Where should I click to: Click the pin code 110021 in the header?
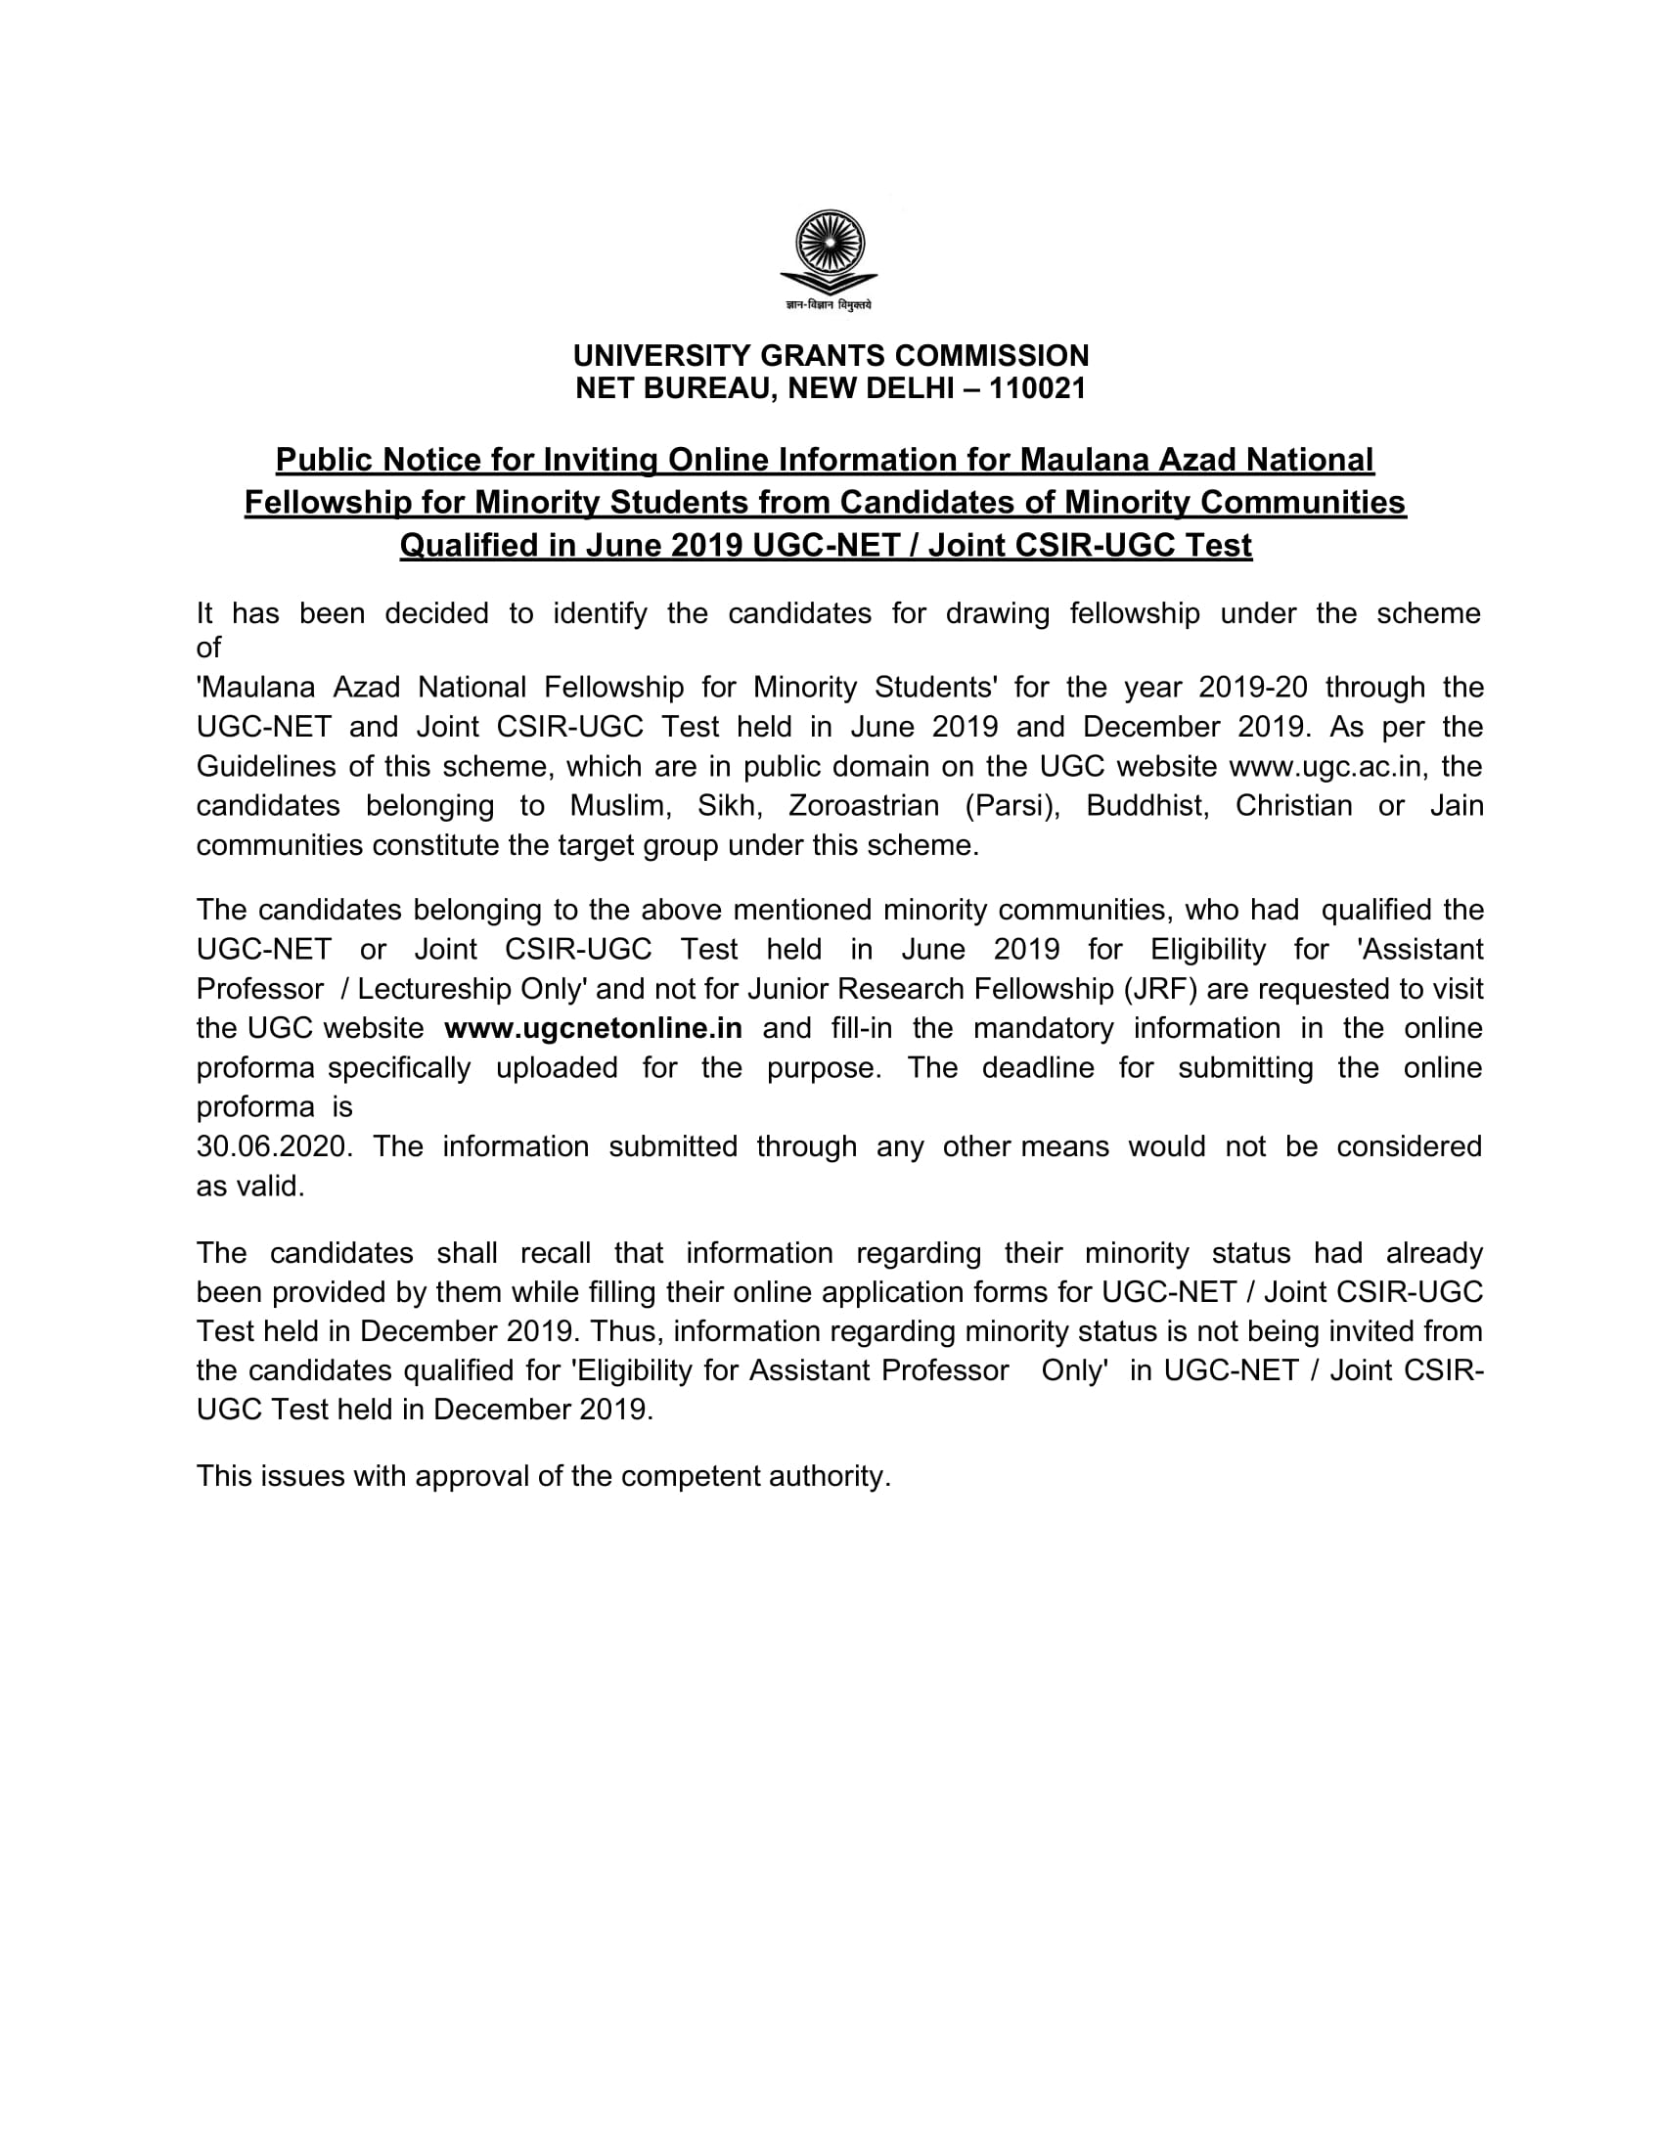(x=1036, y=389)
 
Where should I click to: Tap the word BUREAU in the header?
(x=702, y=389)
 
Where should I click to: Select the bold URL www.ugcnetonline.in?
(x=593, y=1029)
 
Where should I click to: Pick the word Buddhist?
(x=1146, y=806)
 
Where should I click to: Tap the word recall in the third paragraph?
(x=556, y=1253)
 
